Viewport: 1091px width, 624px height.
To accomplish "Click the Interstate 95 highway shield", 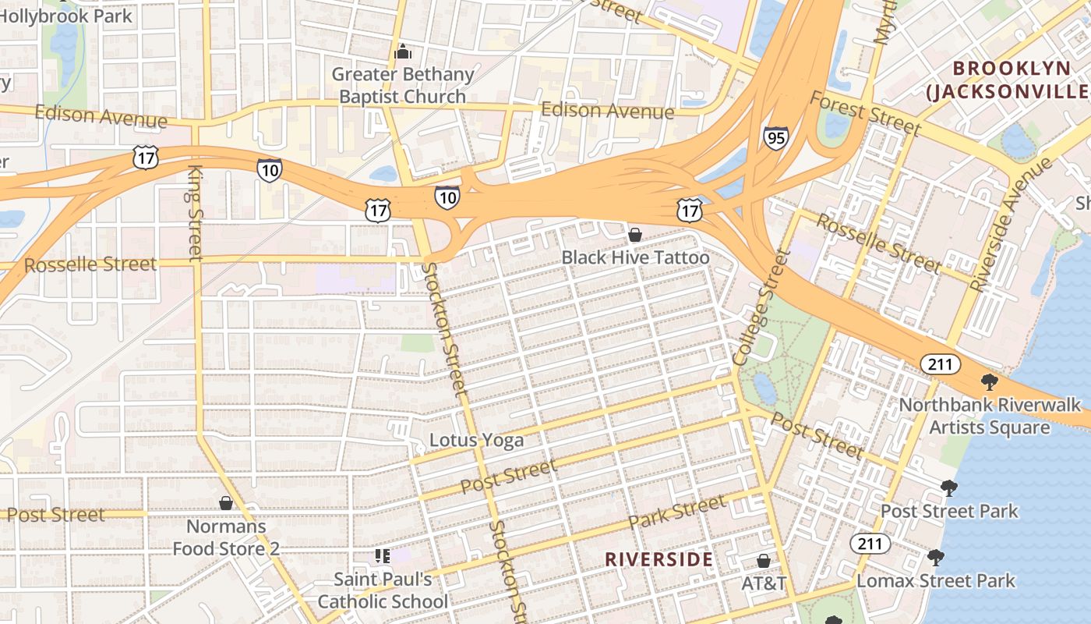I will pos(775,138).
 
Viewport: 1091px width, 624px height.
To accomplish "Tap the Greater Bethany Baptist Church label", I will pos(403,86).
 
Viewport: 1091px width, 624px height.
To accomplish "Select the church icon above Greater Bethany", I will pos(403,52).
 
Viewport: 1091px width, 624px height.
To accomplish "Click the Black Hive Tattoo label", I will pos(635,257).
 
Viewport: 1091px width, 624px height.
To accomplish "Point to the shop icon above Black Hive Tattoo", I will pos(635,234).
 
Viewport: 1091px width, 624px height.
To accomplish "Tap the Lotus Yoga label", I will pos(476,440).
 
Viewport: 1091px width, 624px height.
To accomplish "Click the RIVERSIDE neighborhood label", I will pos(658,559).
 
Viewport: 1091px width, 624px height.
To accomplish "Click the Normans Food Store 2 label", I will pos(226,537).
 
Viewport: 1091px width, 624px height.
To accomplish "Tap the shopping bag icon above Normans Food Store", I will pos(226,503).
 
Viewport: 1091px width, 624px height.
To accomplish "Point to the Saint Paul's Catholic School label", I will pos(383,590).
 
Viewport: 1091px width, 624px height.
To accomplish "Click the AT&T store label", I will pos(764,583).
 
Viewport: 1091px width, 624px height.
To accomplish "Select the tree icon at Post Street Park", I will pos(948,488).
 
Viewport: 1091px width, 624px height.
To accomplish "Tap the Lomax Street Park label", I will pos(936,581).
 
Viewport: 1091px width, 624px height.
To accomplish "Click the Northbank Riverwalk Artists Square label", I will pos(990,416).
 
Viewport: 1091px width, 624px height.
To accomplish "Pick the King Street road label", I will pos(195,212).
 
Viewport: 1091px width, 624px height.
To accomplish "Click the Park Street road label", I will pos(676,512).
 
